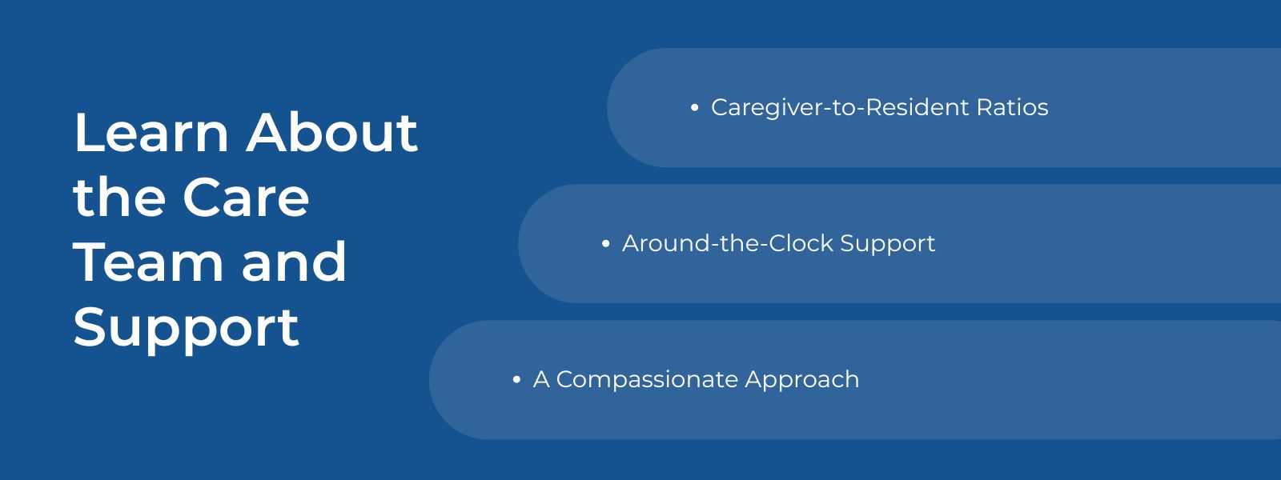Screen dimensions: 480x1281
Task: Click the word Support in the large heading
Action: click(x=186, y=328)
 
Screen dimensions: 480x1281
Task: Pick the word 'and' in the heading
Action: click(x=294, y=262)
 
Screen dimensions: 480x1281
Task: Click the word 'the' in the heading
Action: click(x=118, y=198)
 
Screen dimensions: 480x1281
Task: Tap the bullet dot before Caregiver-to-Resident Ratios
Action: click(x=694, y=107)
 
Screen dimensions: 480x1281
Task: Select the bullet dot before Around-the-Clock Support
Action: click(x=605, y=243)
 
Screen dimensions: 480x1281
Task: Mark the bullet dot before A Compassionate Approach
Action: click(x=516, y=379)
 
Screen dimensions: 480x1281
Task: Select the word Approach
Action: click(x=801, y=380)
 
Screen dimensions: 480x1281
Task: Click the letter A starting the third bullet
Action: click(x=541, y=379)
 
